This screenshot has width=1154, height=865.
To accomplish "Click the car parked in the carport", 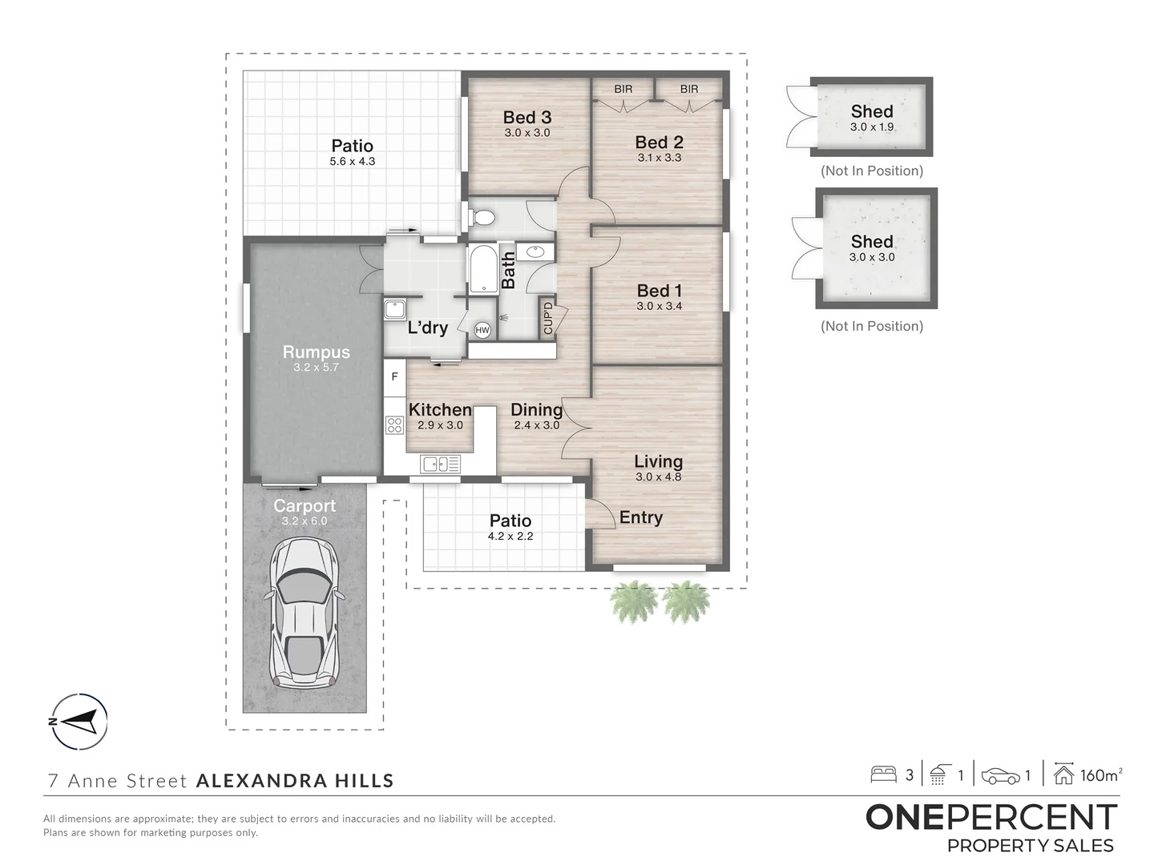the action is (304, 613).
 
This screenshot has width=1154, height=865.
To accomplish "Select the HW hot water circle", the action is (482, 330).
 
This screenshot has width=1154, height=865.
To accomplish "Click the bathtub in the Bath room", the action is (484, 268).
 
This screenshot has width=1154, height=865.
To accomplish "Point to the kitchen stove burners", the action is (394, 424).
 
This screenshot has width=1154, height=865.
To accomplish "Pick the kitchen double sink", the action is (441, 465).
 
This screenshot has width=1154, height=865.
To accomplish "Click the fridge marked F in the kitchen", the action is (394, 377).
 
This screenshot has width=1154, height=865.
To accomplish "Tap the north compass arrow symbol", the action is (79, 721).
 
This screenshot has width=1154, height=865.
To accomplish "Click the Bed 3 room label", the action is (527, 117).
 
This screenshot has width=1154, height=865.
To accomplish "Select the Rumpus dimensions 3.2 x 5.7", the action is (316, 367).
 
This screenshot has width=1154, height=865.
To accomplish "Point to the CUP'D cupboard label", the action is (548, 318).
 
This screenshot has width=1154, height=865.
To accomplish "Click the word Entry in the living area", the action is (640, 517).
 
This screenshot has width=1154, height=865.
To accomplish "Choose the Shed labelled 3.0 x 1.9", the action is (871, 117).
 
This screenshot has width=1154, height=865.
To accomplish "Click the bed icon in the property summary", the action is (883, 775).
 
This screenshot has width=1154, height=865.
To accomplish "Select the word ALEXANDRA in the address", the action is (260, 780).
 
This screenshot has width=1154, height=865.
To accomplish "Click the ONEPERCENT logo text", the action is (991, 817).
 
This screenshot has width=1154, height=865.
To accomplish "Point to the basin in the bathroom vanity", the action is (536, 252).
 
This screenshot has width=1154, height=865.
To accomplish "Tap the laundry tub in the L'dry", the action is (394, 309).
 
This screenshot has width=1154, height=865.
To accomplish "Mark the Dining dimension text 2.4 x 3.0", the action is (536, 424).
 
